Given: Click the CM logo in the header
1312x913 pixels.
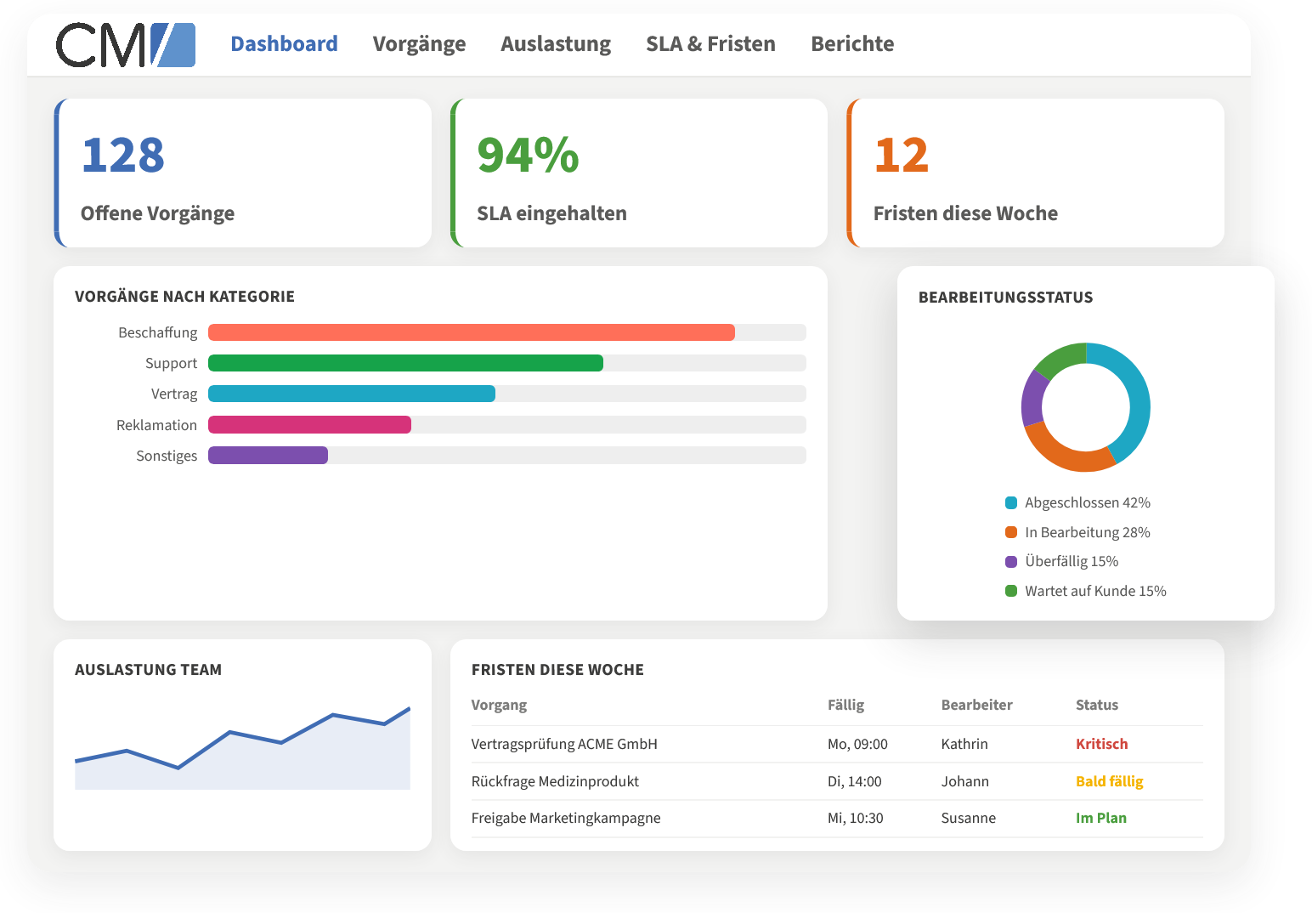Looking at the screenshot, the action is click(126, 45).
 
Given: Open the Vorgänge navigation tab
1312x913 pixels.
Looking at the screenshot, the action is click(420, 44).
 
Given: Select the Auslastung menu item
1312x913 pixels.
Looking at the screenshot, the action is click(556, 44).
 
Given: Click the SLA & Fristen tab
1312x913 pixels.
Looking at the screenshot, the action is click(710, 44).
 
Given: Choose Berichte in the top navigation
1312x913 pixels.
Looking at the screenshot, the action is click(852, 44).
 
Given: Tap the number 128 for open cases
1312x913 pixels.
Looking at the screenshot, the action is click(123, 156).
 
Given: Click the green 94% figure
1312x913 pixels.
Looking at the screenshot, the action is click(529, 156).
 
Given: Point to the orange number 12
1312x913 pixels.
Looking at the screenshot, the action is click(902, 156).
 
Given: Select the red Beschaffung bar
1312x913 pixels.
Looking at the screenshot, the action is click(472, 332).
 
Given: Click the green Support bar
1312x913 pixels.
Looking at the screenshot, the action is click(406, 363).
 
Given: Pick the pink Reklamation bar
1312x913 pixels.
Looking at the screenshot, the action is click(310, 424).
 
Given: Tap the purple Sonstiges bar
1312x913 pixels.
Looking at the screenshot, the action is click(269, 456).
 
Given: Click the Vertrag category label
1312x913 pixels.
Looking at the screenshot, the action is click(174, 394).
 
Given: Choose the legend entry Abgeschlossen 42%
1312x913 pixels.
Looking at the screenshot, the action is click(1077, 502).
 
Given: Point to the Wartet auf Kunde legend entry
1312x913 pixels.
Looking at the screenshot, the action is click(1085, 591).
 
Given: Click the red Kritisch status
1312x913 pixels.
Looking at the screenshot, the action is click(1102, 744).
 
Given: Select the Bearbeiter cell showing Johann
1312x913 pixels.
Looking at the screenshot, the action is click(964, 781).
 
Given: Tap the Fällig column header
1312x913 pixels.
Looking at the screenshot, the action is click(845, 705).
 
